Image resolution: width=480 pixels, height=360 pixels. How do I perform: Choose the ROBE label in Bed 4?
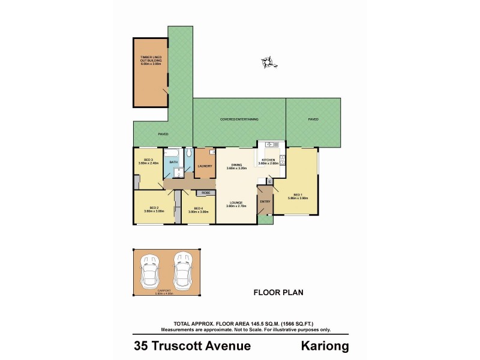[206, 193]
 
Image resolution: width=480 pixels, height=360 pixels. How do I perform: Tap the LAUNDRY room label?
[204, 166]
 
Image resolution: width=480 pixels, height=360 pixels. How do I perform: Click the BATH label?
[173, 162]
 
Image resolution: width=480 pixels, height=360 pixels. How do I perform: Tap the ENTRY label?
[264, 201]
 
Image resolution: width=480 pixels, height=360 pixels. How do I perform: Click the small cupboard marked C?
[269, 181]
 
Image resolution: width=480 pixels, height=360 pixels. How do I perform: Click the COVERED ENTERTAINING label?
[239, 119]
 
